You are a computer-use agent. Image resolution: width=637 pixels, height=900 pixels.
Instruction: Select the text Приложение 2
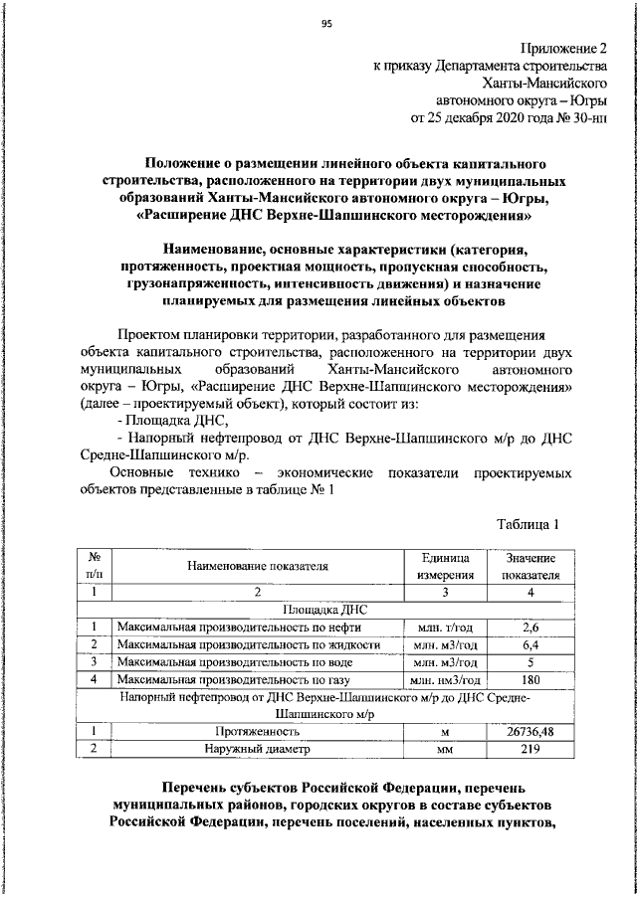tap(562, 48)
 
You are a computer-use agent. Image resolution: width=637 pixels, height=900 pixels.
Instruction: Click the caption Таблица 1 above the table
tap(528, 523)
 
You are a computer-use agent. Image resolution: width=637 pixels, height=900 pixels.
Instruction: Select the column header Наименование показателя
tap(257, 566)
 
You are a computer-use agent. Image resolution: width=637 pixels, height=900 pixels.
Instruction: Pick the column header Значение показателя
tap(530, 566)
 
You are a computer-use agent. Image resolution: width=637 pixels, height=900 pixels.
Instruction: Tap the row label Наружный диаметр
tap(257, 750)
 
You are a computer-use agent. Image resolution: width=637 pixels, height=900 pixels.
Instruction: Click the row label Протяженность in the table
tap(257, 732)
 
